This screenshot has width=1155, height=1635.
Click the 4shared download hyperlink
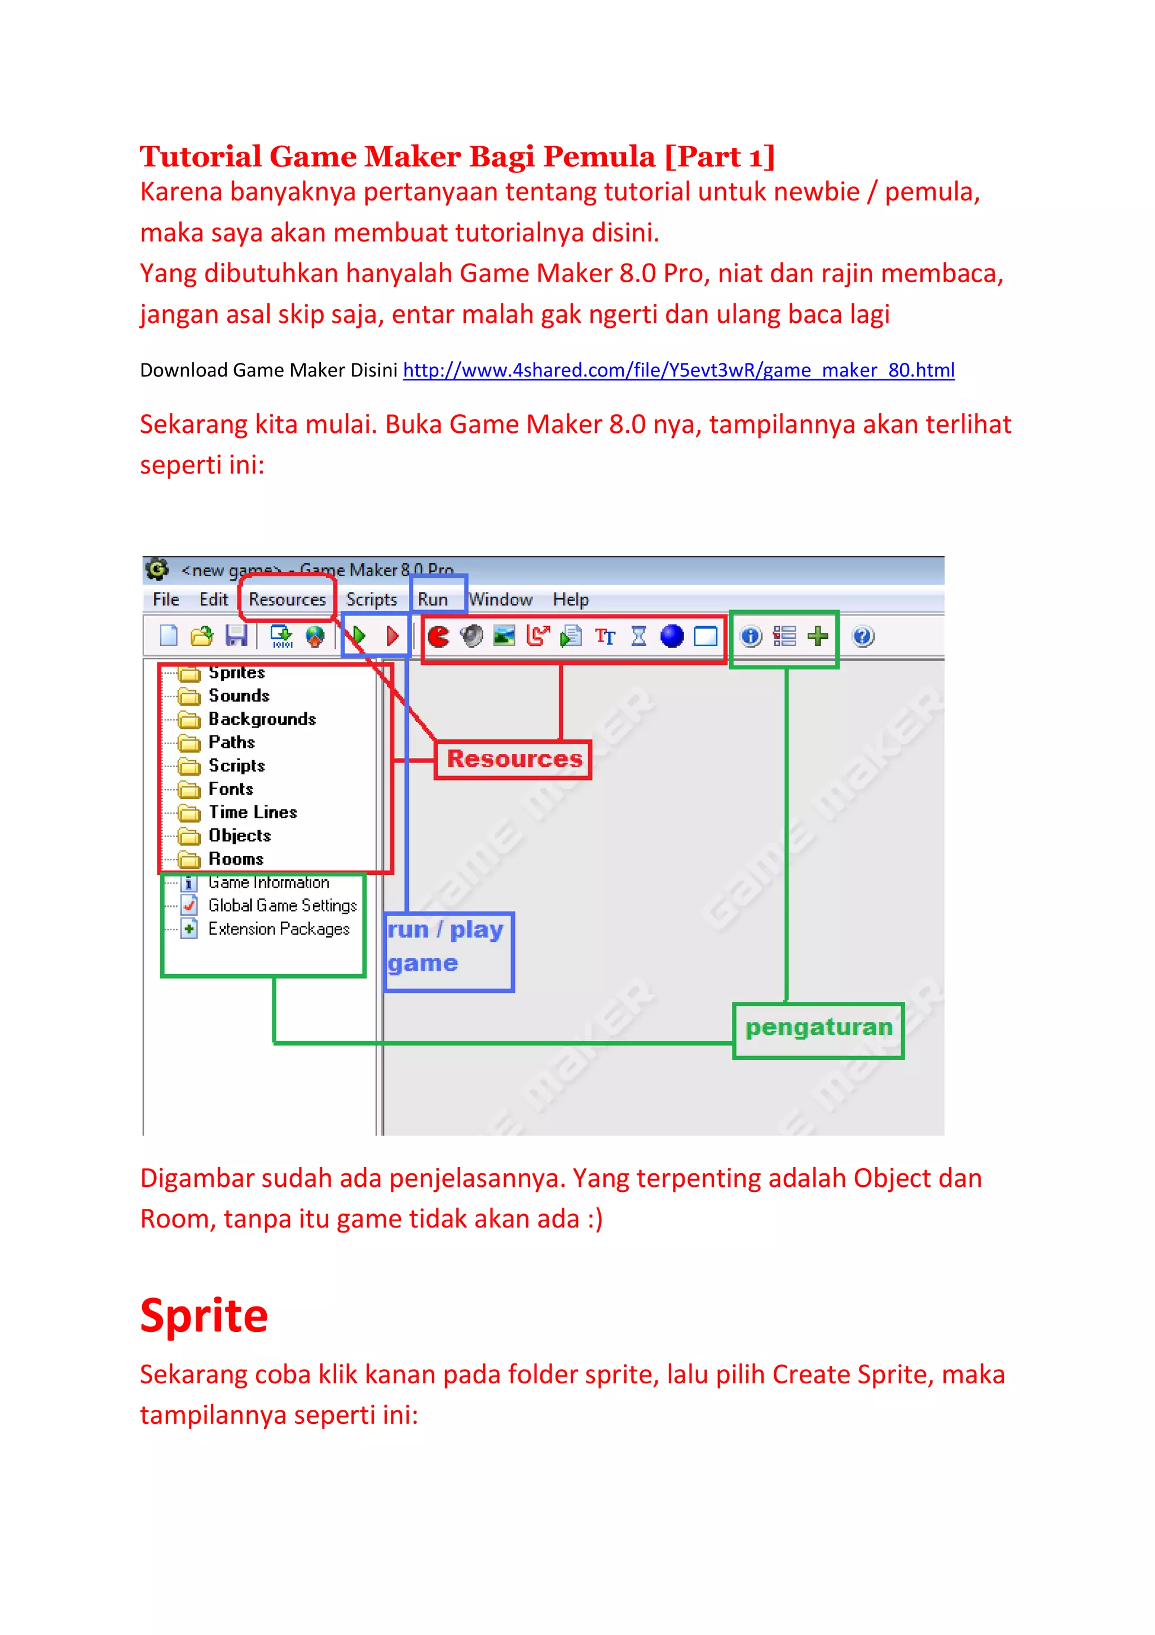click(678, 370)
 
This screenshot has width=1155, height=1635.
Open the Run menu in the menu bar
click(432, 599)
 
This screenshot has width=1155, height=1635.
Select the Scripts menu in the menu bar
click(371, 599)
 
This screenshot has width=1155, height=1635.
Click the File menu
click(166, 599)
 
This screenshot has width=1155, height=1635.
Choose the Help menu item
click(570, 599)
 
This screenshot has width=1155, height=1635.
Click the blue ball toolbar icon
click(671, 636)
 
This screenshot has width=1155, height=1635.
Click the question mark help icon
click(862, 636)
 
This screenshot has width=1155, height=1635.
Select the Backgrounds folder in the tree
click(261, 719)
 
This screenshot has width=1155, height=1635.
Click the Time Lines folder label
click(252, 813)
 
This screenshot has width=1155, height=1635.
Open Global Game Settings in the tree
click(282, 906)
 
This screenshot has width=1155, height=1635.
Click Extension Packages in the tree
click(278, 930)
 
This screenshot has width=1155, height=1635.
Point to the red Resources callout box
click(513, 759)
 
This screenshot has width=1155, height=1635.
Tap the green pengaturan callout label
click(818, 1028)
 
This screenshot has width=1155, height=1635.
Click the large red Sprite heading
click(204, 1316)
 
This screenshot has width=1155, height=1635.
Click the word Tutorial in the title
click(200, 157)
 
